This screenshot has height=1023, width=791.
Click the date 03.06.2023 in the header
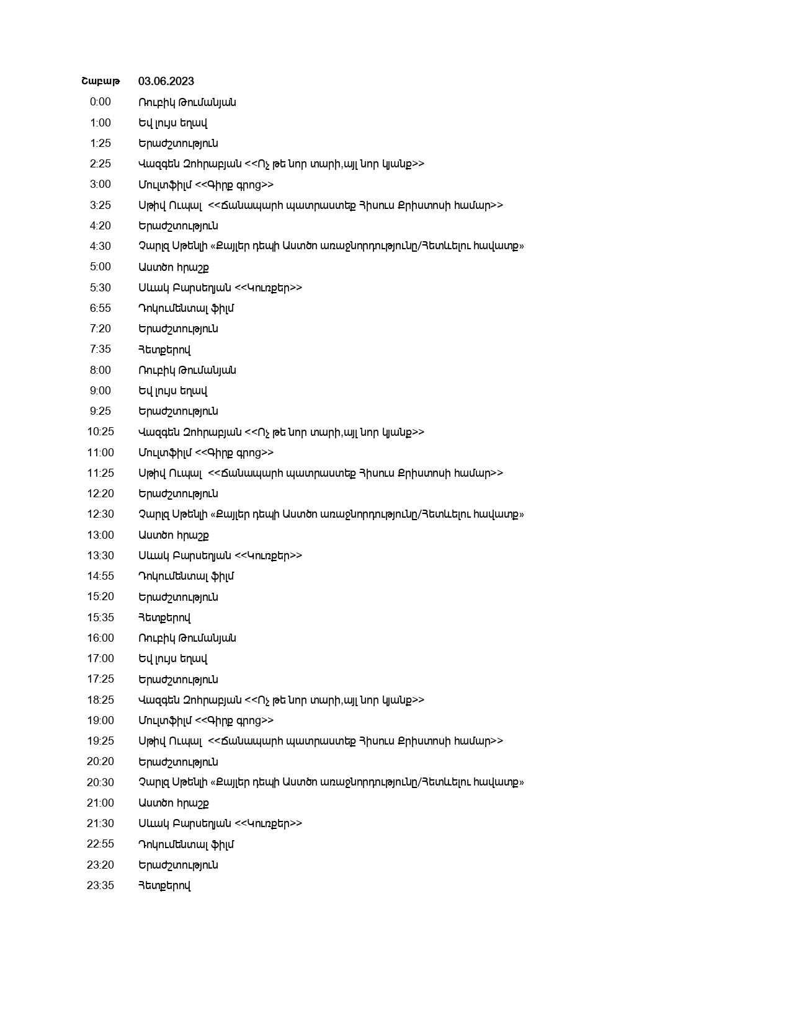pos(166,81)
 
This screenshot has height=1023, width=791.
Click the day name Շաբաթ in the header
pos(101,81)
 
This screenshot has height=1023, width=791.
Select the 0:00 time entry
pos(101,102)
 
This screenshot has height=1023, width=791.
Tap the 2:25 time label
pos(101,164)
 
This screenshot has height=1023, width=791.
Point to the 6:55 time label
pos(101,308)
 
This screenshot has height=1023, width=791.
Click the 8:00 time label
pos(101,370)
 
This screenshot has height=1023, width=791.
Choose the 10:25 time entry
pos(101,432)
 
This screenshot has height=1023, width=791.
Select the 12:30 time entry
pos(101,514)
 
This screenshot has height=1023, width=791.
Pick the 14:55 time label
pos(101,576)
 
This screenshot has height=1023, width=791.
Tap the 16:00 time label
pos(101,638)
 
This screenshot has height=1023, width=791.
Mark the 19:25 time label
pos(101,741)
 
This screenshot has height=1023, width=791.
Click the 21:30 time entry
pos(101,823)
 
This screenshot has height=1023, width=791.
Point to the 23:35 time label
pos(101,885)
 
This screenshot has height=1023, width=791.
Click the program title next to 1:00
pos(173,123)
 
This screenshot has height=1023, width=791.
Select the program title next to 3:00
pos(206,185)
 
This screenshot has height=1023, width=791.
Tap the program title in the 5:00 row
pos(174,267)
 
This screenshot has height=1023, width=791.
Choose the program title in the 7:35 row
pos(164,350)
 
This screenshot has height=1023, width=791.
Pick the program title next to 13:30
pos(220,556)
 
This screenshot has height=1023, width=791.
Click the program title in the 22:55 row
pos(186,844)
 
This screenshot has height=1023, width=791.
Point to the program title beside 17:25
pos(178,680)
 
